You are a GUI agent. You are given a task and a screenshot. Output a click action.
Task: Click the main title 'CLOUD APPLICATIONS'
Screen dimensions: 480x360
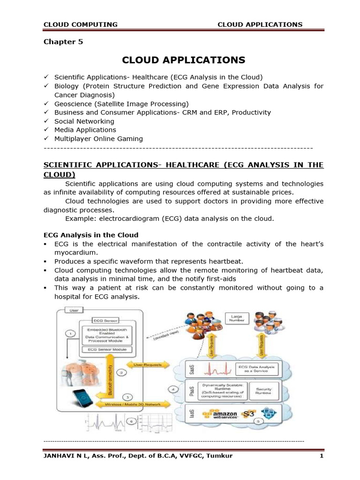click(x=183, y=60)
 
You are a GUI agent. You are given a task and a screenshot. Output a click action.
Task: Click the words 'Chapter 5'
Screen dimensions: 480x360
click(x=63, y=42)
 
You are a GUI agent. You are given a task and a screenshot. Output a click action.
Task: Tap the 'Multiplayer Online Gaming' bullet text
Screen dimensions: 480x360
click(x=98, y=139)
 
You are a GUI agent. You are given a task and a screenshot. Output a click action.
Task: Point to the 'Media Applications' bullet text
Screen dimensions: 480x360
click(x=85, y=130)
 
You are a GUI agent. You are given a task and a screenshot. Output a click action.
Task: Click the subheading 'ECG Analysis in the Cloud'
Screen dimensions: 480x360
click(x=90, y=235)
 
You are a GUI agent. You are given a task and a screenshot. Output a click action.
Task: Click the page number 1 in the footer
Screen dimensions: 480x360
click(x=322, y=456)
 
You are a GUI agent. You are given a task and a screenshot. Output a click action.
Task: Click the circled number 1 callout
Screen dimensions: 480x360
click(x=70, y=333)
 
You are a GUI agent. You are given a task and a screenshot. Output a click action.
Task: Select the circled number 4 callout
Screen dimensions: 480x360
click(x=173, y=389)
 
